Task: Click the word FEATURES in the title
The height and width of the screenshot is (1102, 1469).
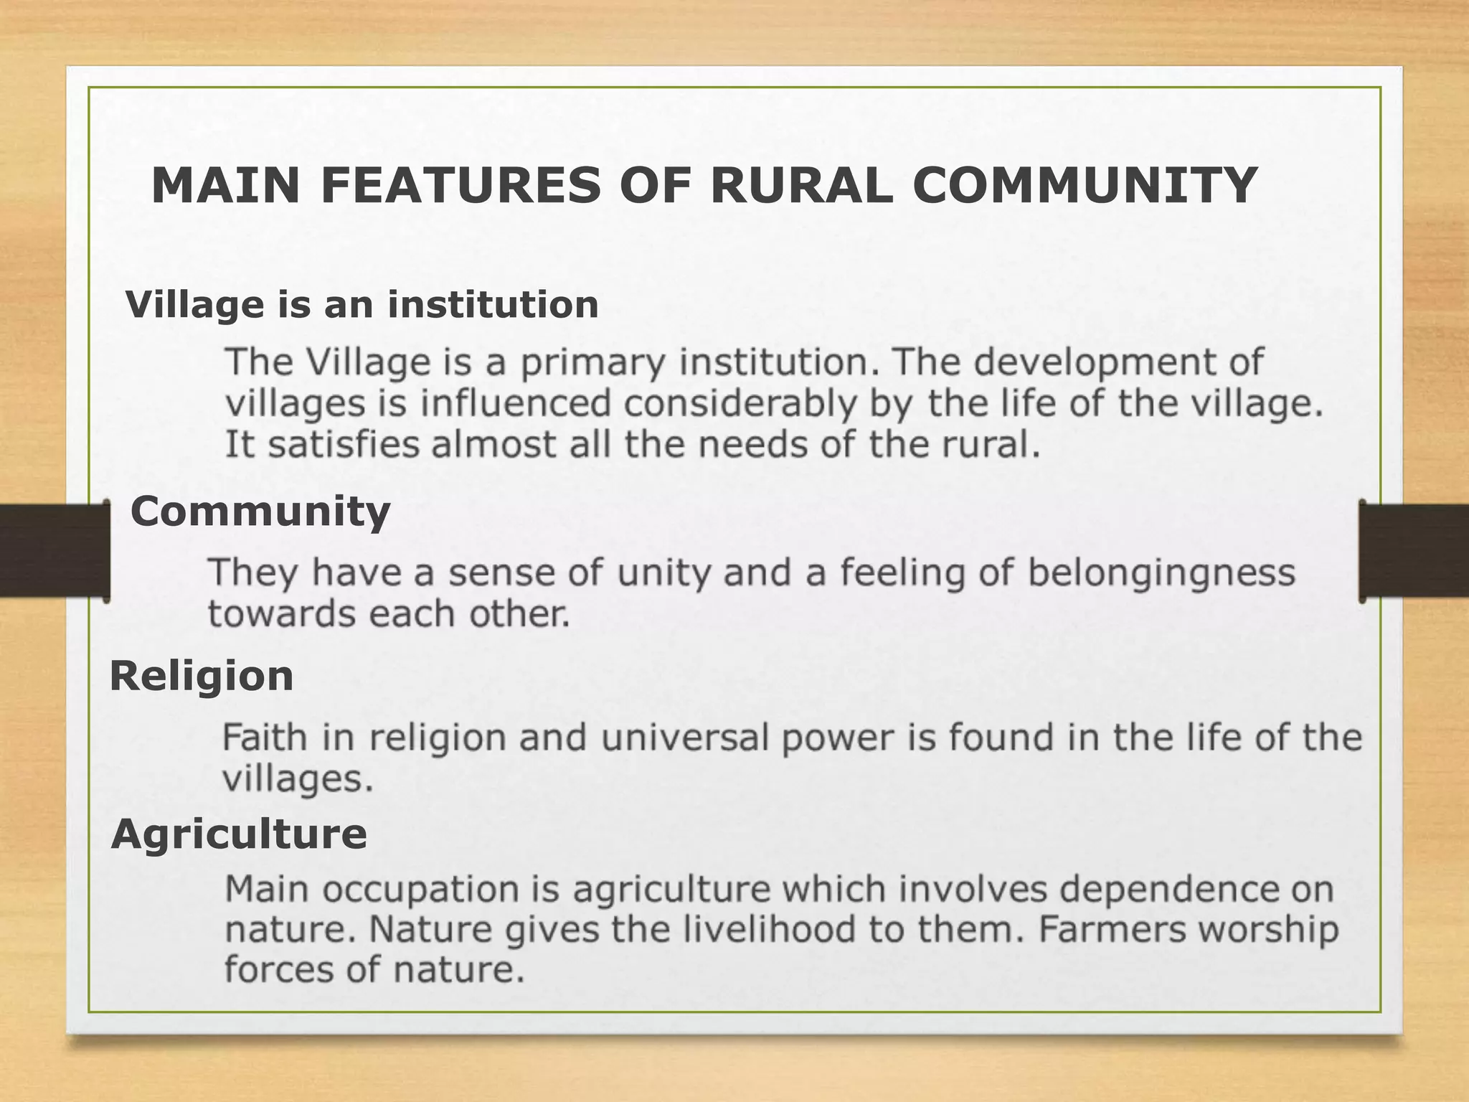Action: pyautogui.click(x=460, y=186)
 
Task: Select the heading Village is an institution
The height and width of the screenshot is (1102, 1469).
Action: pyautogui.click(x=362, y=304)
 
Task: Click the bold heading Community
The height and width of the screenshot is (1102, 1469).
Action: pyautogui.click(x=260, y=512)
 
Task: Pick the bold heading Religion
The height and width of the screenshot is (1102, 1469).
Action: pyautogui.click(x=202, y=677)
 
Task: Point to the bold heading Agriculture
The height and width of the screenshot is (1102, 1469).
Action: pyautogui.click(x=239, y=834)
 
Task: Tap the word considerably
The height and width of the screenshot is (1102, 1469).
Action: pyautogui.click(x=739, y=404)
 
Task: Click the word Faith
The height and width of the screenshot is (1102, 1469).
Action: pyautogui.click(x=265, y=738)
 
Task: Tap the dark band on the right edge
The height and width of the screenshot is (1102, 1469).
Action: pyautogui.click(x=1416, y=550)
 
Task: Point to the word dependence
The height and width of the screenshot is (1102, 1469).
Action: pyautogui.click(x=1176, y=890)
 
